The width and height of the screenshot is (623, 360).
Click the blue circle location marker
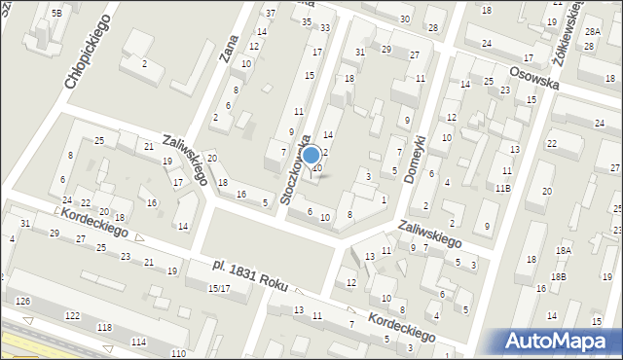(311, 156)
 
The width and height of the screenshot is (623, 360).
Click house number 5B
(57, 13)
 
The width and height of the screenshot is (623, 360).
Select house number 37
(271, 13)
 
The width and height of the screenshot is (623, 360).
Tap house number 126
(22, 302)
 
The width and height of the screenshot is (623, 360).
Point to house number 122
(72, 316)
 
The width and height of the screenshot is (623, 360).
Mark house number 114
(139, 341)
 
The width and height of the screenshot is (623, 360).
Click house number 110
(177, 352)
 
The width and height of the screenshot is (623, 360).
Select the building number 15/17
(218, 288)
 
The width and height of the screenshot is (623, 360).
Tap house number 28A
(592, 32)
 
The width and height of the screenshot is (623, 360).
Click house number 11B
(502, 188)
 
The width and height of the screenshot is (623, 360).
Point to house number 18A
(562, 250)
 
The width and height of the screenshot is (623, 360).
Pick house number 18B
(557, 277)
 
